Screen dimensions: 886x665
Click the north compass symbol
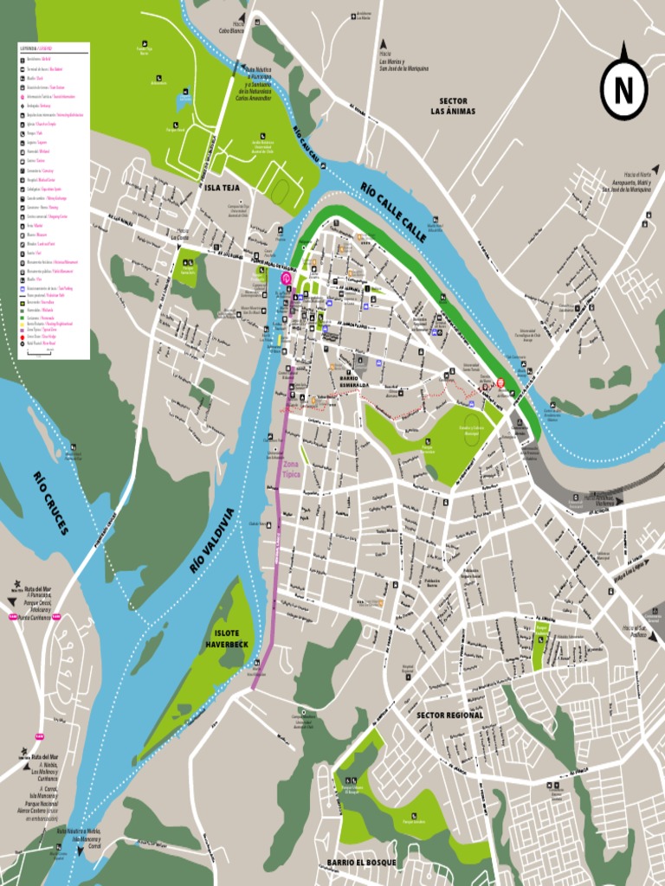[623, 89]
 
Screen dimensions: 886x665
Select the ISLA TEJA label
[222, 187]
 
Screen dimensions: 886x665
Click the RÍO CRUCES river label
[50, 503]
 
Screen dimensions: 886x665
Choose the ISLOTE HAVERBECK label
[227, 638]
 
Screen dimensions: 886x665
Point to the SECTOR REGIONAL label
[449, 716]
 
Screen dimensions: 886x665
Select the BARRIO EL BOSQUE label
[361, 863]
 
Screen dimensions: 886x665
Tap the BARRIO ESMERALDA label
[353, 381]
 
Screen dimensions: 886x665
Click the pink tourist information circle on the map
[287, 279]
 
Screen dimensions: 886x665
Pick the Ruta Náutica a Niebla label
[80, 835]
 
